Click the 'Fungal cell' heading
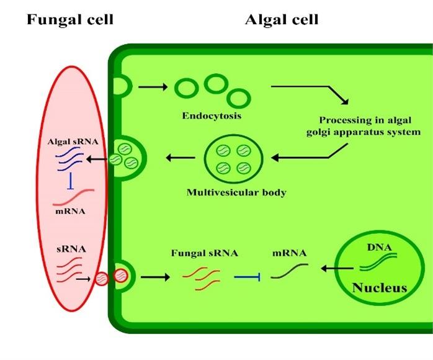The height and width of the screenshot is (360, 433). point(69,20)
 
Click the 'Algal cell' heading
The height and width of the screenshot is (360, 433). point(282,20)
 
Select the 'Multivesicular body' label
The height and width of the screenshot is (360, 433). point(236,192)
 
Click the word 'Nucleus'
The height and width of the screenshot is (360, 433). point(380,288)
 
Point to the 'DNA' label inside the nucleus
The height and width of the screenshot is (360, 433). point(378,247)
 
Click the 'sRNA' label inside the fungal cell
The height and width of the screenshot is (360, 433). point(69,250)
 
